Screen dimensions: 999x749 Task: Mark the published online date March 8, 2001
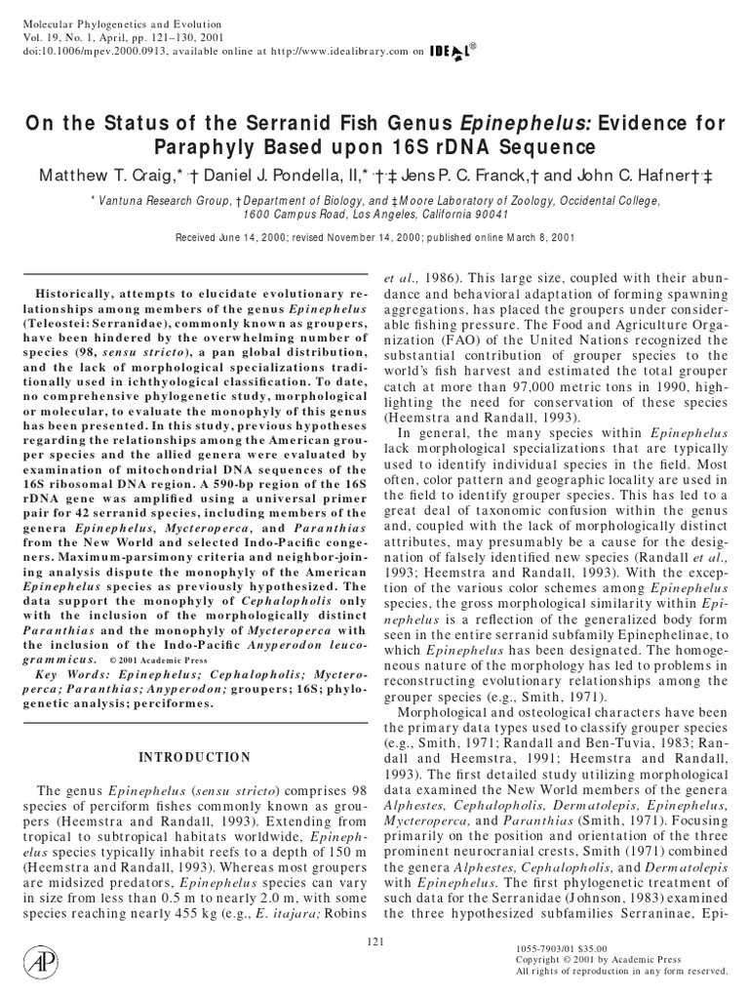click(x=534, y=238)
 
